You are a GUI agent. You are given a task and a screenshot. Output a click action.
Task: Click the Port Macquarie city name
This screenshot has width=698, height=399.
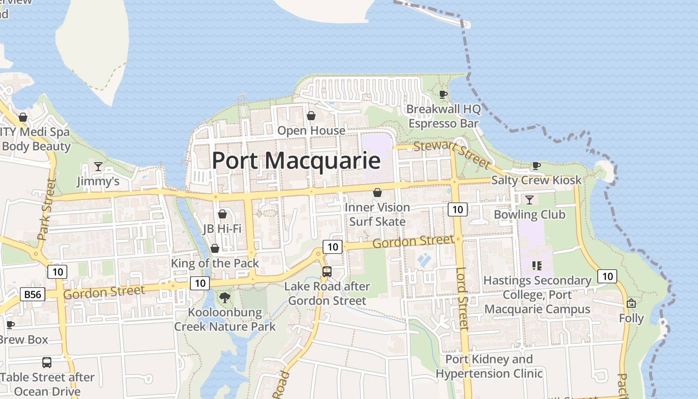tap(296, 161)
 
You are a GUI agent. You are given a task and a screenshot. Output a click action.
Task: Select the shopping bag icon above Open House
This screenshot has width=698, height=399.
tap(311, 116)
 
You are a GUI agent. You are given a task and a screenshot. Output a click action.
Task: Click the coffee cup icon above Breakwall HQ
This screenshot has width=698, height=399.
tap(443, 94)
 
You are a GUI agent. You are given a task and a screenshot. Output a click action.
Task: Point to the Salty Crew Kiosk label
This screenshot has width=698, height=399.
tap(536, 180)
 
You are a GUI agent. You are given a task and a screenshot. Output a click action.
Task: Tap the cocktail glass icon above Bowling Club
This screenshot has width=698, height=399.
tap(529, 200)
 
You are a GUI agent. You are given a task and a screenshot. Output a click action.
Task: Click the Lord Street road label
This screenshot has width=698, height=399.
tap(463, 298)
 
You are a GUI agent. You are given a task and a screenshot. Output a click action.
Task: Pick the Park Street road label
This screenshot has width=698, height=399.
tap(45, 209)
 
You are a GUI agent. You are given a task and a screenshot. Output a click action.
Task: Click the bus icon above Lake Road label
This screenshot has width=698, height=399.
tap(327, 272)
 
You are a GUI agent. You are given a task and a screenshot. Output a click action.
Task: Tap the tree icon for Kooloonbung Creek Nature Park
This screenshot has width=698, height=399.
tap(225, 298)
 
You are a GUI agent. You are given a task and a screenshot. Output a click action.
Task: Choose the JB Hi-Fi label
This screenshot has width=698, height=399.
tap(222, 228)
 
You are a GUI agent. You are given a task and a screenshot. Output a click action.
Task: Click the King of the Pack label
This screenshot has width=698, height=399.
tap(215, 263)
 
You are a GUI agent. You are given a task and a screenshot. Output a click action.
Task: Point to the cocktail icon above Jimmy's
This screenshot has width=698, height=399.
tap(98, 167)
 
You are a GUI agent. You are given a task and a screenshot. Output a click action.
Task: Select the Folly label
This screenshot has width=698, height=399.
tap(631, 318)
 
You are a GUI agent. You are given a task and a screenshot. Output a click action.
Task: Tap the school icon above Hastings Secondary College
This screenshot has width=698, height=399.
tap(536, 266)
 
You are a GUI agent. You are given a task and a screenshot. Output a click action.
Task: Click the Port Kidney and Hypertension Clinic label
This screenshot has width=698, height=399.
tap(489, 366)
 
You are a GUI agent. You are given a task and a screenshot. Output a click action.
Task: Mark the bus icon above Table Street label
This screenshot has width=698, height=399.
tap(47, 363)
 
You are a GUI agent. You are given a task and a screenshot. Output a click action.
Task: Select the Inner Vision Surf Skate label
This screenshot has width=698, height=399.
tap(377, 214)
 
